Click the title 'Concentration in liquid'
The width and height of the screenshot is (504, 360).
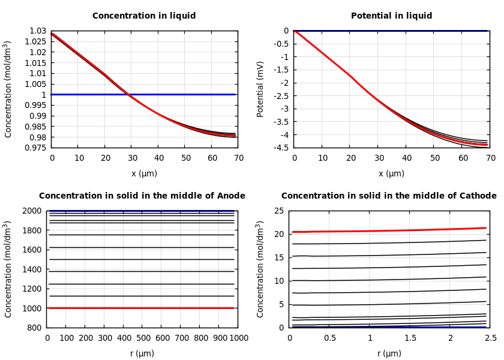pos(144,16)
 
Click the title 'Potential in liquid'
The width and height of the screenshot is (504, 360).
pos(391,16)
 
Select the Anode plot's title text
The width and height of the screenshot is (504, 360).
pos(142,196)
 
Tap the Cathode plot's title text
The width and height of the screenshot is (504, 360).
pos(389,196)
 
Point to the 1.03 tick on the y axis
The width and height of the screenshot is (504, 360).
pos(38,31)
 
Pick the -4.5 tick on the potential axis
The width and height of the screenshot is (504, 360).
pos(281,148)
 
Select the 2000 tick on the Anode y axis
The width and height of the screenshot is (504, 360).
pos(33,211)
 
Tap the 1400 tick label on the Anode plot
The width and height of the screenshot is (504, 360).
pos(33,269)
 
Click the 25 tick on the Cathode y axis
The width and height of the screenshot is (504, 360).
pos(278,211)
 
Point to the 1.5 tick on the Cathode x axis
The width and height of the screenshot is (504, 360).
pos(410,338)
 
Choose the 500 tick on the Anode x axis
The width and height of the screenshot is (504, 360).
pos(143,338)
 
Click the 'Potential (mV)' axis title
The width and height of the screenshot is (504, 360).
pos(260,89)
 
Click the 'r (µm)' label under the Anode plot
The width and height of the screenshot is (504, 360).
pos(142,353)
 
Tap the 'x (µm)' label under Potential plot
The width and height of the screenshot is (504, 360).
pos(391,173)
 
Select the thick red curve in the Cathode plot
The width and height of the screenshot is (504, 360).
pos(390,230)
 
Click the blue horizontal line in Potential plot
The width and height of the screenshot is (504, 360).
pos(390,31)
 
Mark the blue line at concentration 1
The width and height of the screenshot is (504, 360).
pos(180,94)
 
